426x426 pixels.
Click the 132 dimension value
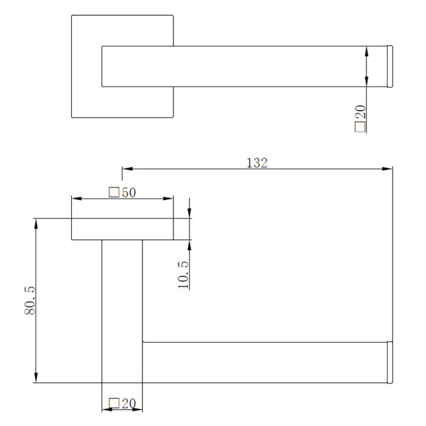[257, 162]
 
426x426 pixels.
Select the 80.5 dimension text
[30, 300]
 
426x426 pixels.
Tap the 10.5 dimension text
[183, 274]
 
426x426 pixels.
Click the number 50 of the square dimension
[129, 193]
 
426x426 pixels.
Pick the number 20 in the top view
[360, 111]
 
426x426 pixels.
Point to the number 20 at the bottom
[129, 403]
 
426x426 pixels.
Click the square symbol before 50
[114, 192]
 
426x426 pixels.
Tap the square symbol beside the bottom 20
[114, 403]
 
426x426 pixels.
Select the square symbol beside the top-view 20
[360, 127]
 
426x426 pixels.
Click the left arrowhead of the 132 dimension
[127, 169]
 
